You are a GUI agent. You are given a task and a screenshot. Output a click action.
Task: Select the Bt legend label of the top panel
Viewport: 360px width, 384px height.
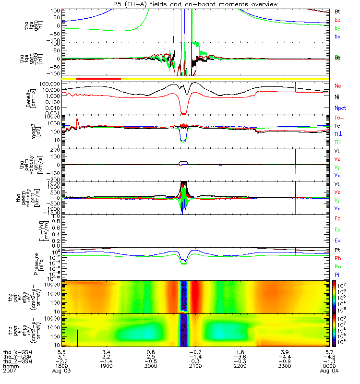click(337, 11)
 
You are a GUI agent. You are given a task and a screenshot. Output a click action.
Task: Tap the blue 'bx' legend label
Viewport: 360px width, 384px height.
click(337, 37)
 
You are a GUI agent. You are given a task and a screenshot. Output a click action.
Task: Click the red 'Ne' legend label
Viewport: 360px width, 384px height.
click(338, 86)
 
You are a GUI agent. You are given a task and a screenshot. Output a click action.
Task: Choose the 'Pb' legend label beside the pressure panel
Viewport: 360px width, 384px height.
click(338, 259)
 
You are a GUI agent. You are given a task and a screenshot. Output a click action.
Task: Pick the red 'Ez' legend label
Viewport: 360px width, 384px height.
click(338, 218)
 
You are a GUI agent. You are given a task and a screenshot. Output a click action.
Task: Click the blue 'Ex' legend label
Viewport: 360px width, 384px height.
click(338, 240)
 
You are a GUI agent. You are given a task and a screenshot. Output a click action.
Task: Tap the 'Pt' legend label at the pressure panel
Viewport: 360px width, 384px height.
click(337, 251)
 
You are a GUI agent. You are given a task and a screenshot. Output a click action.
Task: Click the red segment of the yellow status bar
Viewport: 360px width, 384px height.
click(98, 78)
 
